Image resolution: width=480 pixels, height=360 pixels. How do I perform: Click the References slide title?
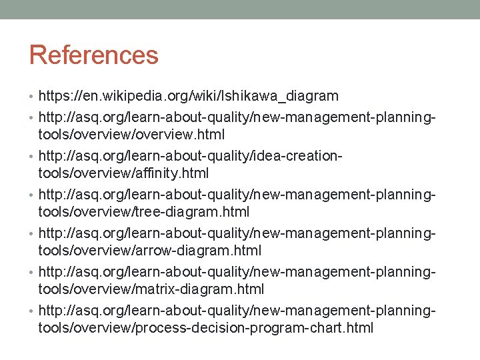(93, 55)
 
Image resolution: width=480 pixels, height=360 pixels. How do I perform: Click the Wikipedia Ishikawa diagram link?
(189, 96)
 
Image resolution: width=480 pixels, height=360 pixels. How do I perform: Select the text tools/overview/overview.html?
(131, 135)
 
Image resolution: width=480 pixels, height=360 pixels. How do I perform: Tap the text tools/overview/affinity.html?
(123, 173)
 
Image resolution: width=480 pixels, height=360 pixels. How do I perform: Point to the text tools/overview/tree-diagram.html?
(144, 212)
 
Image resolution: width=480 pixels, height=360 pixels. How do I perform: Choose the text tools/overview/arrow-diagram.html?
(150, 251)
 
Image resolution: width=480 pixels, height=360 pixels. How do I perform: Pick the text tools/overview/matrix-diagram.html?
(151, 289)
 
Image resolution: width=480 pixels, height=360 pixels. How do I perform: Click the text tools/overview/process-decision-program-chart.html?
(206, 328)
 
